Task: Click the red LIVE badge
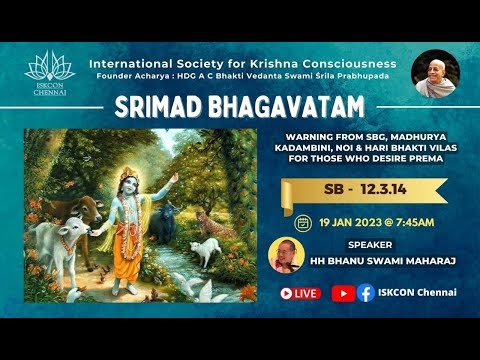click(300, 293)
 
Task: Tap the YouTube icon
click(342, 293)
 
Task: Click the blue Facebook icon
click(366, 293)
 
